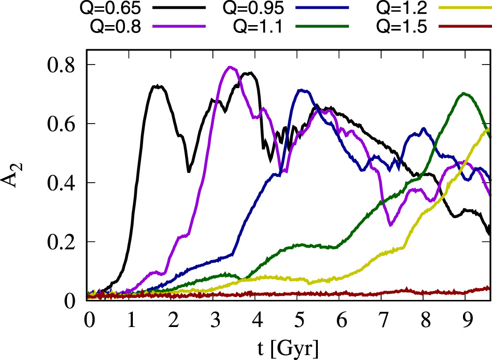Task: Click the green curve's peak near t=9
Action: pos(463,93)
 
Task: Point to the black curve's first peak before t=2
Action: pos(157,86)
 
